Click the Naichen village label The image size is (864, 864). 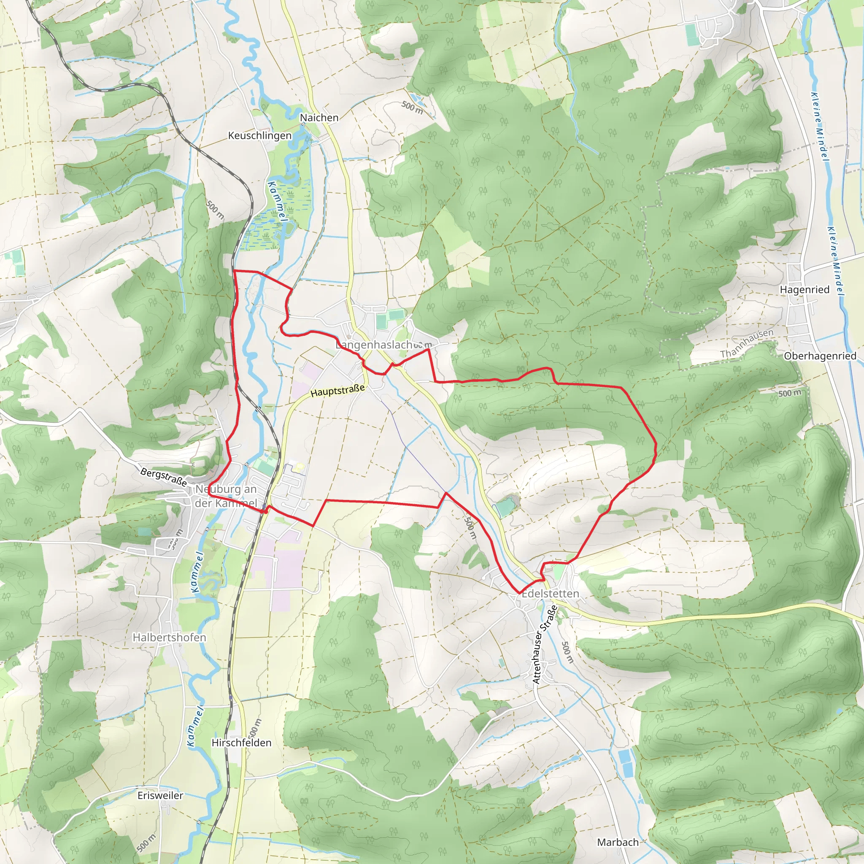click(319, 118)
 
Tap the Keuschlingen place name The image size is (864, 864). click(259, 135)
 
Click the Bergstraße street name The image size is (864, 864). click(163, 477)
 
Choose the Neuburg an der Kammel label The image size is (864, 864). click(226, 496)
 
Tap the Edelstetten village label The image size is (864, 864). click(550, 594)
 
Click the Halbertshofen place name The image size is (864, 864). click(169, 637)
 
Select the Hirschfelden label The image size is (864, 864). click(241, 743)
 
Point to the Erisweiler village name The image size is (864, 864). click(160, 796)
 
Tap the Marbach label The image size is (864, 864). click(618, 842)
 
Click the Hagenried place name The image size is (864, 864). click(805, 289)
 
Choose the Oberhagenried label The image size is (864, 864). click(820, 356)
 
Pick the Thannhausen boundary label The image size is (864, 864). click(746, 343)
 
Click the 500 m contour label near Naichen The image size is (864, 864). click(412, 107)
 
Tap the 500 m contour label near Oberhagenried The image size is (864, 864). click(790, 393)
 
